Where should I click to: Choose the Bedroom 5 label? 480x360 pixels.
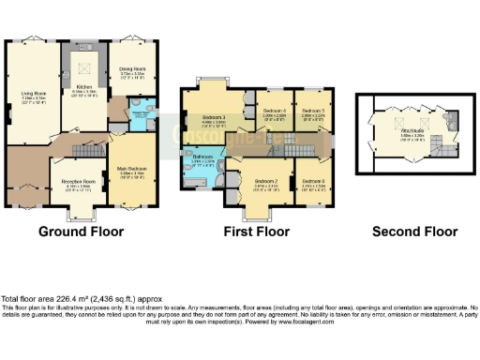[312, 111]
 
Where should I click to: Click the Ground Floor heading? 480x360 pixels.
[78, 232]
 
